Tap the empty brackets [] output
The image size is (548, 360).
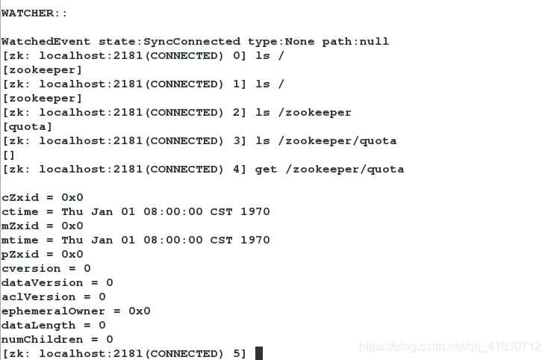click(9, 155)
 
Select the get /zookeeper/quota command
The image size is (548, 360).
click(329, 170)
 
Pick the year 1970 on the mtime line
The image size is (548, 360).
click(255, 240)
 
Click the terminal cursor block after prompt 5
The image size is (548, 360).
click(259, 353)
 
